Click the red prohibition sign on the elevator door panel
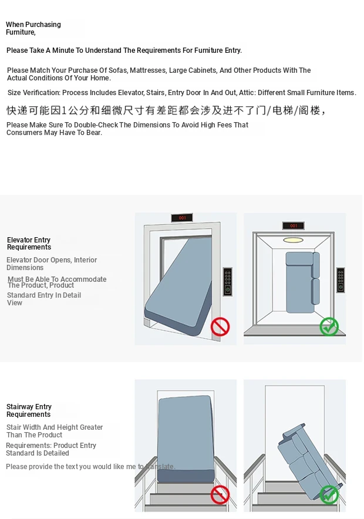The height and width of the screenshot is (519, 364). tap(220, 326)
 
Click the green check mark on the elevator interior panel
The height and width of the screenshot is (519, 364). tap(329, 326)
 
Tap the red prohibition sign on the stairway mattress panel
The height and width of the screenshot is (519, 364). tap(220, 495)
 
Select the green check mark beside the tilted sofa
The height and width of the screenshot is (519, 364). tap(329, 495)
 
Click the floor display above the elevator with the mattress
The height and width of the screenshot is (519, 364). tap(182, 218)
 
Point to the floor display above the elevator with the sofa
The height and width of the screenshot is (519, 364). tap(294, 225)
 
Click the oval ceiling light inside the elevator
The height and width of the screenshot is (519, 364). tap(293, 240)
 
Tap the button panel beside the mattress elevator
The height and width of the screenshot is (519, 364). tap(228, 281)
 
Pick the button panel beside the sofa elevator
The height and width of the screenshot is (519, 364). tap(341, 280)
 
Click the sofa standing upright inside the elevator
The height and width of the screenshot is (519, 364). tap(302, 282)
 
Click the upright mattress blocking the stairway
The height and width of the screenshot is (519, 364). tap(186, 439)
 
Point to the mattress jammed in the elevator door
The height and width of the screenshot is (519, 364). tap(178, 288)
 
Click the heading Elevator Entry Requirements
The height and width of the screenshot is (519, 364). tap(29, 243)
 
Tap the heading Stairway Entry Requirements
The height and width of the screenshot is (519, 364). tap(29, 410)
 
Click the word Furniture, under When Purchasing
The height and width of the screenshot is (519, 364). tap(21, 32)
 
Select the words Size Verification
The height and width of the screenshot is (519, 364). tap(34, 93)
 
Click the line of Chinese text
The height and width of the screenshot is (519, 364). tap(167, 110)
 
